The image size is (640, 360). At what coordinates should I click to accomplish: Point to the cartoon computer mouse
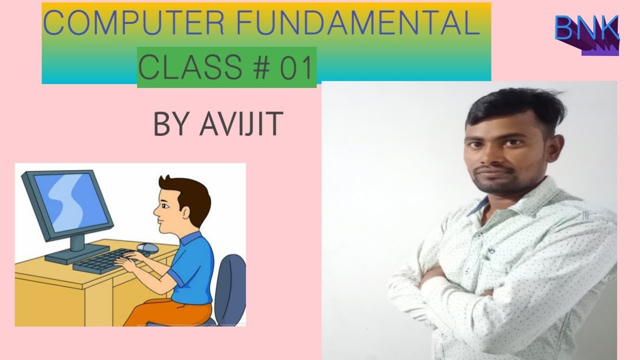pyautogui.click(x=147, y=247)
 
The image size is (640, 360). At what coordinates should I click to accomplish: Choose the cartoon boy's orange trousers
pyautogui.click(x=165, y=310)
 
